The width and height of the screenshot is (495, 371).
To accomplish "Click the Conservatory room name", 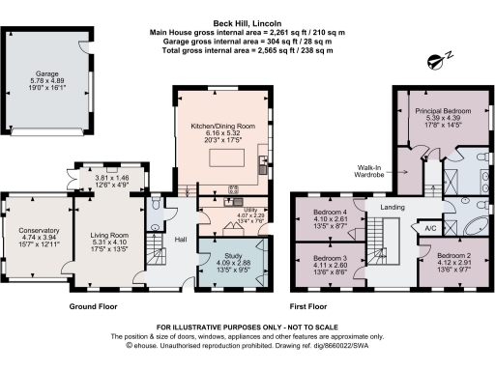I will point(39,231).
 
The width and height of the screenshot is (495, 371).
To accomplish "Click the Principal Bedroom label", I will point(441,111).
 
